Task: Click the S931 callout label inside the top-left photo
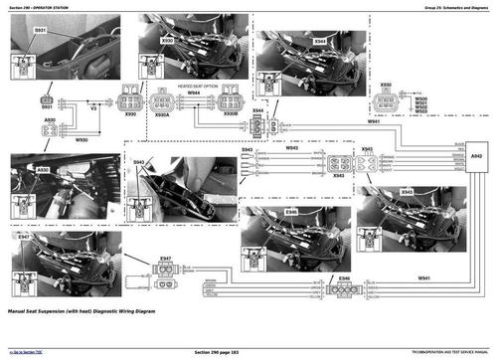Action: [x=41, y=32]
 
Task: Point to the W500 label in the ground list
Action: [x=419, y=98]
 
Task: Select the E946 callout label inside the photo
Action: [x=290, y=212]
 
